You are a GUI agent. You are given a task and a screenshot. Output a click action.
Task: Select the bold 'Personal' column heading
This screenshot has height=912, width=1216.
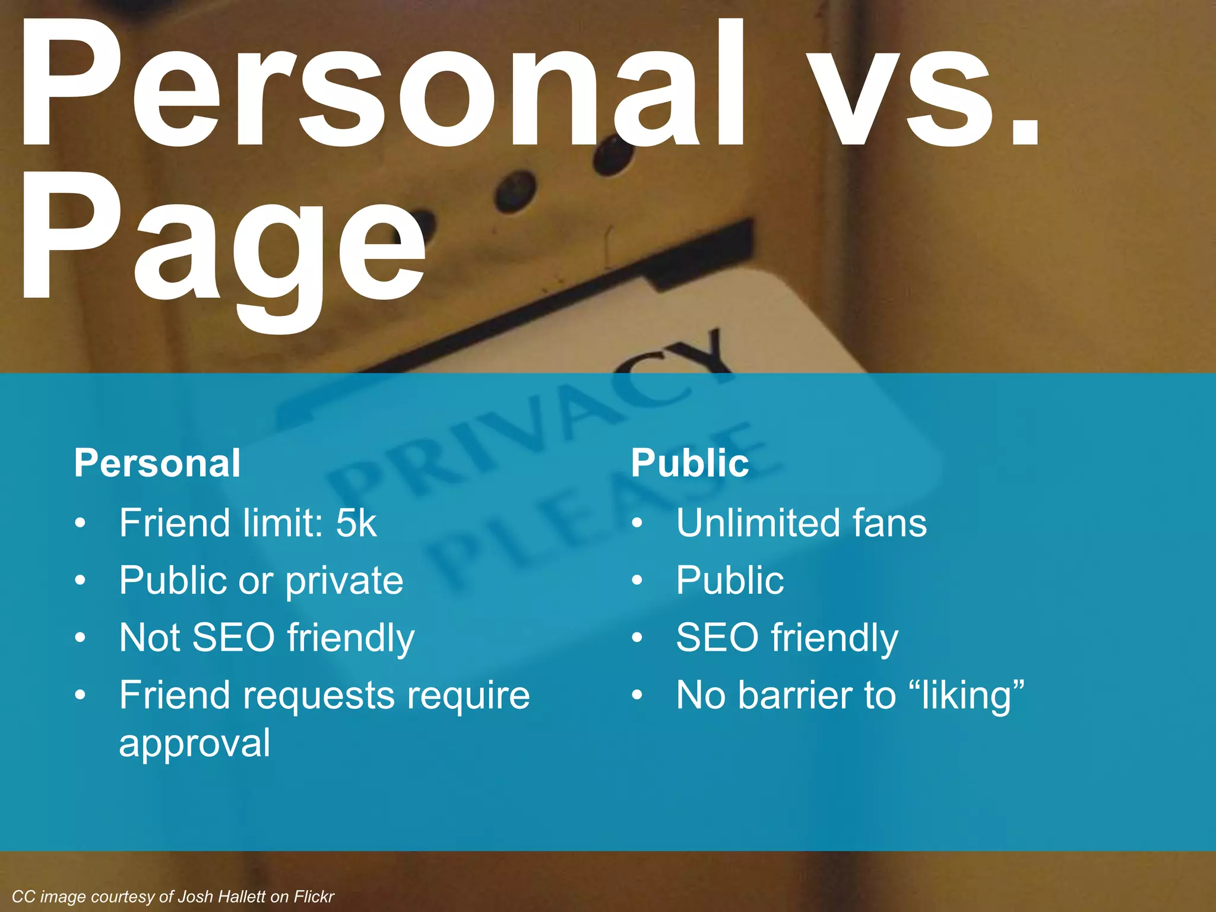[157, 463]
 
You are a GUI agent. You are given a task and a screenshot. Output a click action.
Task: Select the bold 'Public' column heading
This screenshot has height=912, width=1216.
[690, 463]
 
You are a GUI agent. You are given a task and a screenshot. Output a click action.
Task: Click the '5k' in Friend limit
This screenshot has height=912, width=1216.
[356, 523]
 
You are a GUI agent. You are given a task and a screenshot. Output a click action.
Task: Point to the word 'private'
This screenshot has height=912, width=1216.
[344, 581]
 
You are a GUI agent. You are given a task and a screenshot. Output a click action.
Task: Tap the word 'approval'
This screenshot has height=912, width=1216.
[195, 743]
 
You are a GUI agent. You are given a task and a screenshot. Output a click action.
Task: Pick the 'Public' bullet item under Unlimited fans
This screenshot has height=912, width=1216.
[730, 580]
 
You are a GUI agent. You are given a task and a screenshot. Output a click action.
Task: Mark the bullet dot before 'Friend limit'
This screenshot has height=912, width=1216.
[81, 524]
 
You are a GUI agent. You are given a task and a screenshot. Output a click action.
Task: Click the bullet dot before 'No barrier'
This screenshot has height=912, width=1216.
[637, 695]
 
